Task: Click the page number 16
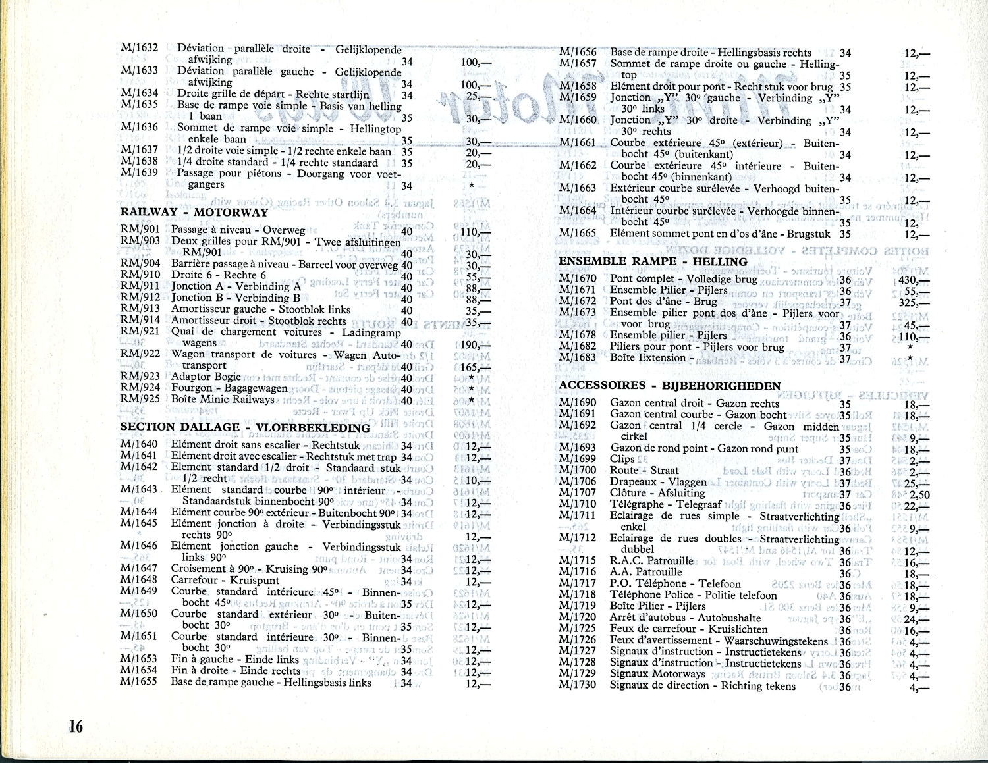[76, 727]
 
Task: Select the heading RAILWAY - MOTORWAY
[194, 213]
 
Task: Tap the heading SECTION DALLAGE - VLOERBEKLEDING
[245, 427]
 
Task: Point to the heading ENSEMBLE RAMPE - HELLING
[653, 261]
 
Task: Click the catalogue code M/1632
[140, 48]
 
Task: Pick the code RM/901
[140, 230]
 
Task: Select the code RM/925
[140, 399]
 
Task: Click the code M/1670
[578, 278]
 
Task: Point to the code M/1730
[578, 685]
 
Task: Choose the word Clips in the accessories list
[622, 459]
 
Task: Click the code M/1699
[578, 459]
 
